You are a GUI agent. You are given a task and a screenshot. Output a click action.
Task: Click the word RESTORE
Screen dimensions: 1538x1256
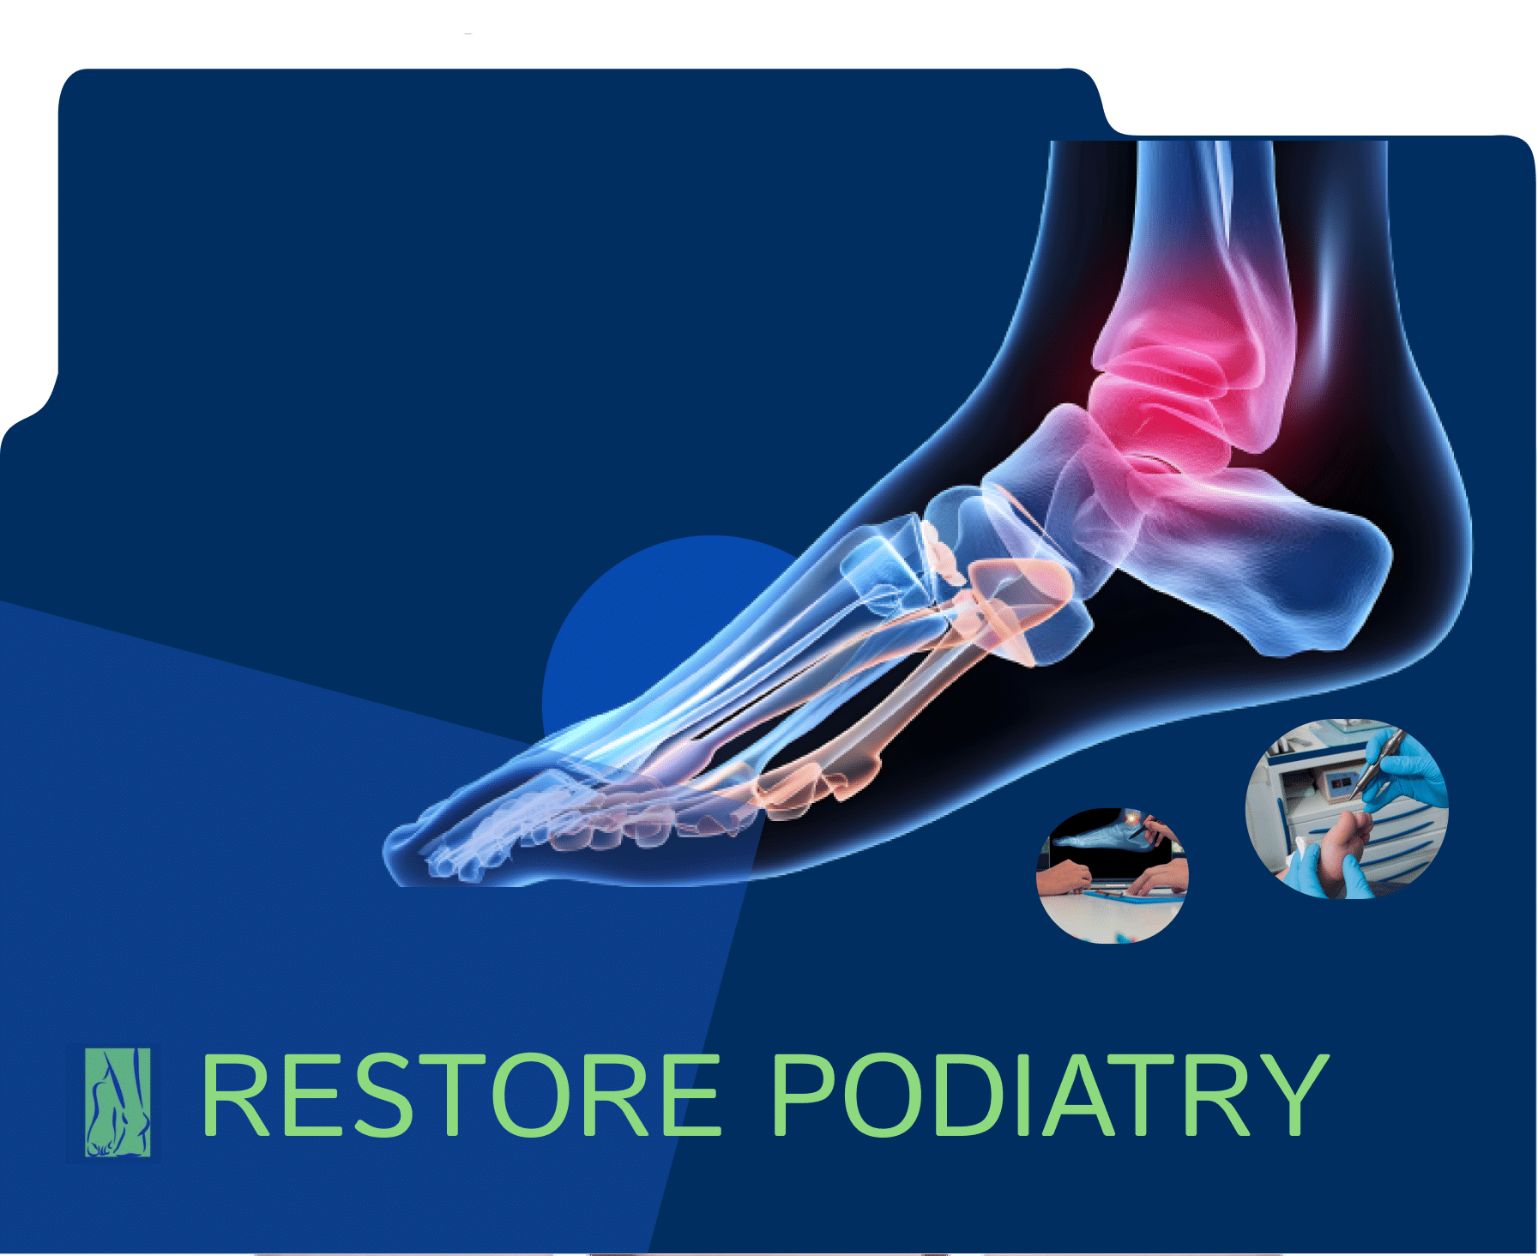coord(461,1096)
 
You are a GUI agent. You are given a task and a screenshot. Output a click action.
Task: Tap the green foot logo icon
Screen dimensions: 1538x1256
coord(118,1102)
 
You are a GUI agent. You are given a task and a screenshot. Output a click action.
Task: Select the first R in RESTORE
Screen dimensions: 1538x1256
coord(236,1096)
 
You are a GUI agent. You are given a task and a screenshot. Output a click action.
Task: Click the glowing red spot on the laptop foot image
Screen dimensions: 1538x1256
coord(1135,822)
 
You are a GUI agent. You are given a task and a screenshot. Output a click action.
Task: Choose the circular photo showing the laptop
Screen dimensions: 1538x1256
coord(1113,875)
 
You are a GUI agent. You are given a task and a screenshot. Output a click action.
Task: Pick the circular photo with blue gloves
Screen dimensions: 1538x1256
coord(1347,809)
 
